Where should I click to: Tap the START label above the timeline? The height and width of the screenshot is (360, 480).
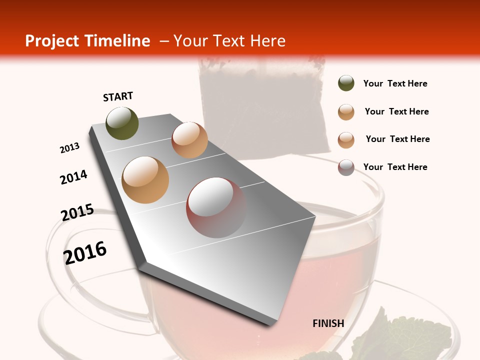(x=118, y=96)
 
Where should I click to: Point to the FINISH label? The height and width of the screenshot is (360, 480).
(x=328, y=323)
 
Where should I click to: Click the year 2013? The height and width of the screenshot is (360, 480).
(x=70, y=148)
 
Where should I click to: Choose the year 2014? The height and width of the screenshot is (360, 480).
(x=74, y=177)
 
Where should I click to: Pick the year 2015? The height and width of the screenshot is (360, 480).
(x=77, y=212)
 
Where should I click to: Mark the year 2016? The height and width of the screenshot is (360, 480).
(x=85, y=253)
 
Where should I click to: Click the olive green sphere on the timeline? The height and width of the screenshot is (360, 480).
(x=122, y=123)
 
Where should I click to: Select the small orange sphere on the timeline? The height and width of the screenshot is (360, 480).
(x=189, y=140)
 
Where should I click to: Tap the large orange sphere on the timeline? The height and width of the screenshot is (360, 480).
(x=145, y=180)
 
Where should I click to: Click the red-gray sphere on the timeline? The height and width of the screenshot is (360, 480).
(x=216, y=207)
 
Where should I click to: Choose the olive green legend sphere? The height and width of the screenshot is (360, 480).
(x=346, y=83)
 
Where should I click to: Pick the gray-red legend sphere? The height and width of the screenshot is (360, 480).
(x=346, y=167)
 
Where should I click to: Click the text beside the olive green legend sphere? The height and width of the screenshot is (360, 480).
(x=395, y=83)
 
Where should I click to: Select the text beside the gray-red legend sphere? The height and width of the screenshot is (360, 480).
(x=395, y=167)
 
